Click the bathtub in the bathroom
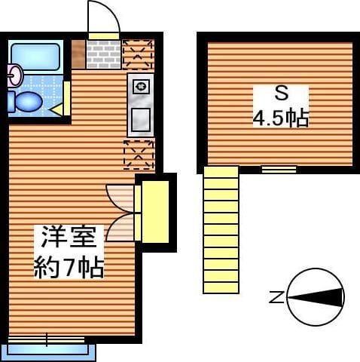35,57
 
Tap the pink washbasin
15,75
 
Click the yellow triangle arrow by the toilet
56,109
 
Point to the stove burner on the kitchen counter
140,87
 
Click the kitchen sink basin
141,120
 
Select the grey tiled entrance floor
104,54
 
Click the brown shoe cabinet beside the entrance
78,54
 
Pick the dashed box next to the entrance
138,54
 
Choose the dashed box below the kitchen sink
139,155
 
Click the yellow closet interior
155,212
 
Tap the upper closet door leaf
120,198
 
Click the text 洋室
69,237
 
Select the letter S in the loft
281,94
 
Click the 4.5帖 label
280,118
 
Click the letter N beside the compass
276,297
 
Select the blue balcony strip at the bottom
51,349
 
